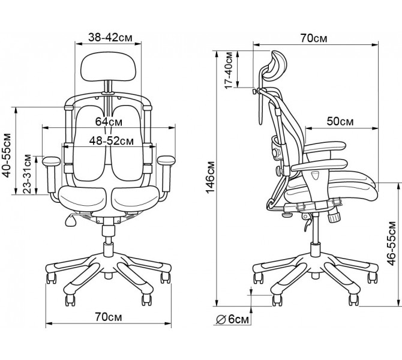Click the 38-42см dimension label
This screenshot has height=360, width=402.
tap(110, 37)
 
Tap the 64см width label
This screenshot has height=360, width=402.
tap(109, 122)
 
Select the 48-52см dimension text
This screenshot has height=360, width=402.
tap(112, 141)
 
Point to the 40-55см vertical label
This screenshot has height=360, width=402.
tap(7, 155)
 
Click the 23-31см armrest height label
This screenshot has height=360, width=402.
tap(27, 174)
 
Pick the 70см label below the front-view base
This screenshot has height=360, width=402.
tap(108, 317)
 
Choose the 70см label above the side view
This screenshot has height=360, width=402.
tap(314, 38)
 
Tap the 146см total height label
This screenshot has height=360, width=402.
tap(210, 178)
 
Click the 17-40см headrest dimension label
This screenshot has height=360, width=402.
tap(229, 70)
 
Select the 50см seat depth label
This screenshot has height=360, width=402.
tap(340, 121)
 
